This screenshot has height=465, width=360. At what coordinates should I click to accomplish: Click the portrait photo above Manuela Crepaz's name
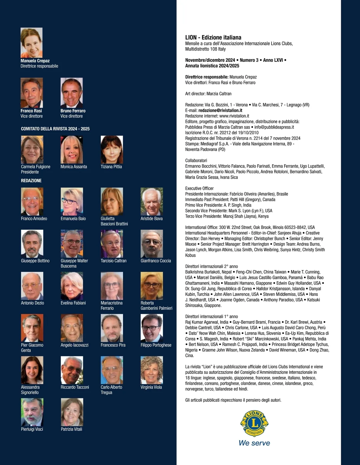[x=31, y=43]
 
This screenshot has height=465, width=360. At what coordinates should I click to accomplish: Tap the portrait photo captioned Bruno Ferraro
[x=71, y=93]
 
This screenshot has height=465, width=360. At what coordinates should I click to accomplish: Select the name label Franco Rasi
[x=31, y=111]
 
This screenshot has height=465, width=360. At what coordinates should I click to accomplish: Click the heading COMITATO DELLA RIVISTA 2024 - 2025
[x=55, y=129]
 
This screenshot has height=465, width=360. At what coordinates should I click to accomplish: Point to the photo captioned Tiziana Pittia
[x=112, y=149]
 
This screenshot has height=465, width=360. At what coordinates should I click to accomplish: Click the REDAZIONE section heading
[x=31, y=180]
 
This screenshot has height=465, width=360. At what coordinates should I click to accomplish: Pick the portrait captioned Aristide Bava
[x=151, y=201]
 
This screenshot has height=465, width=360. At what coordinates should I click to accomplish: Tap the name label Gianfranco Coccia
[x=156, y=261]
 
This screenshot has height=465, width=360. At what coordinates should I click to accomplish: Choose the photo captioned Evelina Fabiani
[x=72, y=286]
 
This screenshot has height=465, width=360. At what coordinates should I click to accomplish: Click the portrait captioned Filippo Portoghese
[x=151, y=328]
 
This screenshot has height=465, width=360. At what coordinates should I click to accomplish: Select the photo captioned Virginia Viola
[x=151, y=370]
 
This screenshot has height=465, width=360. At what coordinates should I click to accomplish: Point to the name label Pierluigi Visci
[x=32, y=429]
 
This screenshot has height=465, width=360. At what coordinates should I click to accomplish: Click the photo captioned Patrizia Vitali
[x=72, y=412]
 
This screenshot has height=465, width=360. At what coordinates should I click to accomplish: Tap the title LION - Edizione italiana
[x=213, y=37]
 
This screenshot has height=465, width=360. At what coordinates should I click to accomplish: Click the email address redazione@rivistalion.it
[x=220, y=110]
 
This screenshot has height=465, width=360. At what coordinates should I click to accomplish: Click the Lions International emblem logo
[x=254, y=424]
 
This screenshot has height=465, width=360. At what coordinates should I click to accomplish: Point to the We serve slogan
[x=254, y=443]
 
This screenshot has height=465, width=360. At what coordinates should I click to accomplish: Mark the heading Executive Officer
[x=199, y=188]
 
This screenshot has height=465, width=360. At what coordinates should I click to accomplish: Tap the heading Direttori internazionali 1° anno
[x=211, y=316]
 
